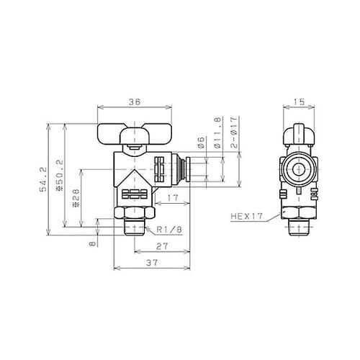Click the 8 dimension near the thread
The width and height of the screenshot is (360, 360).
pos(91,243)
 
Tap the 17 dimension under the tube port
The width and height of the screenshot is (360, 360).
pos(173,197)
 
